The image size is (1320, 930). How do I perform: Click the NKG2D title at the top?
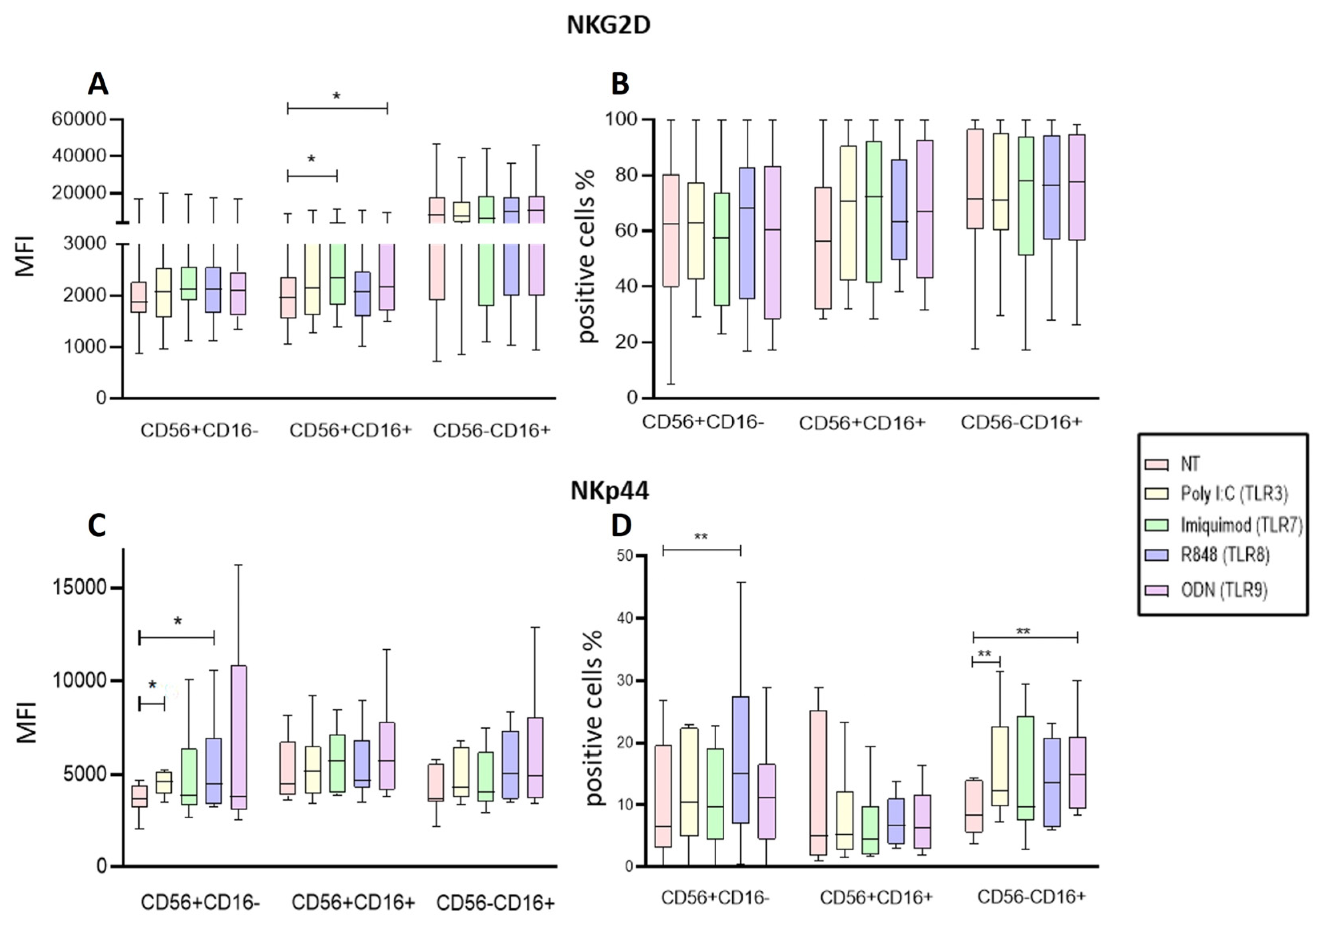[x=608, y=26]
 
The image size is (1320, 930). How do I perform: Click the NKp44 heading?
[x=609, y=491]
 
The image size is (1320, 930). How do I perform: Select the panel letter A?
[x=98, y=85]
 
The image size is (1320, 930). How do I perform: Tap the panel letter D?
[x=621, y=525]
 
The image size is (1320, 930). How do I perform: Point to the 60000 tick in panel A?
[x=79, y=120]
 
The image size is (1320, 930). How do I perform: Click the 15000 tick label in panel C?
[x=79, y=588]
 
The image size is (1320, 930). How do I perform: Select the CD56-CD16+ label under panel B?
[x=1021, y=423]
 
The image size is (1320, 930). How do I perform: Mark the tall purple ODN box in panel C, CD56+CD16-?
[x=239, y=737]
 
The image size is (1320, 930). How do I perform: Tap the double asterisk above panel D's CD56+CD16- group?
[x=701, y=537]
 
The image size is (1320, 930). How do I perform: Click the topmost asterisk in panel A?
[x=337, y=97]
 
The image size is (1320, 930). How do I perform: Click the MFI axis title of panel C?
[x=26, y=722]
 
